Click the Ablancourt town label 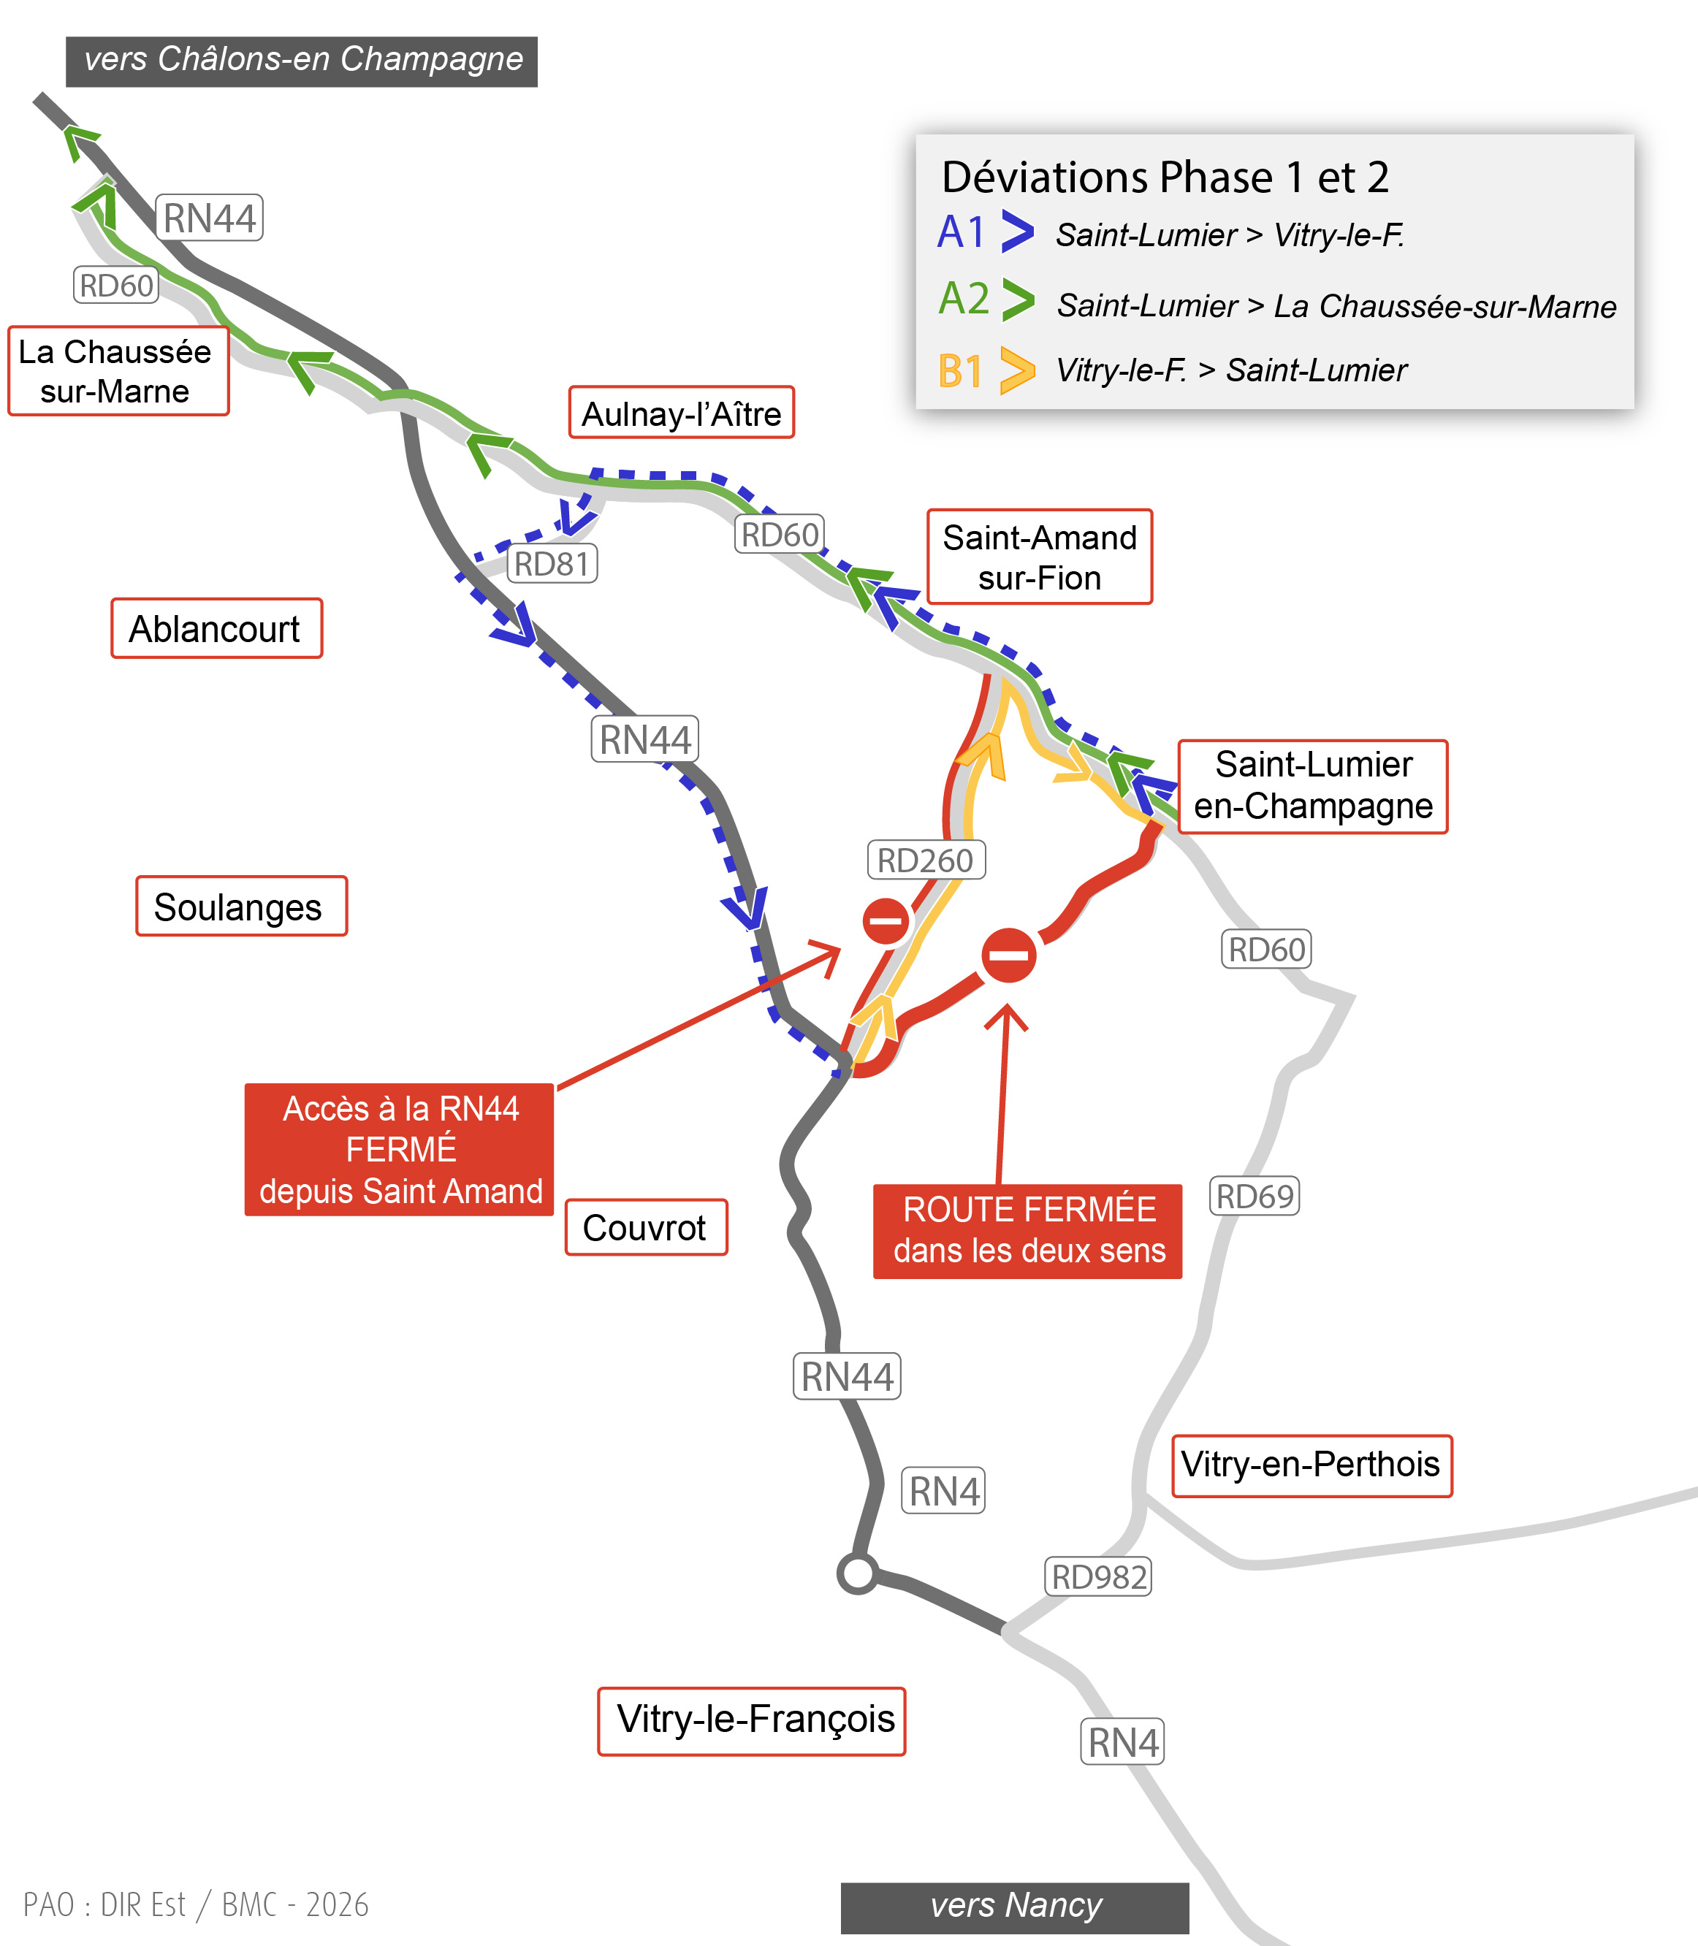point(216,628)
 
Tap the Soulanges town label point(240,907)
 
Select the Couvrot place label point(645,1228)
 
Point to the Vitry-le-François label point(751,1720)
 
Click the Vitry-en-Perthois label point(1311,1465)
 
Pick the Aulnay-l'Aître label point(681,413)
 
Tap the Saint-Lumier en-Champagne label point(1312,786)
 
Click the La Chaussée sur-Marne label point(118,370)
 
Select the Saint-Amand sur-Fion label point(1040,557)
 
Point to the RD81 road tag point(552,564)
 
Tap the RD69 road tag point(1254,1196)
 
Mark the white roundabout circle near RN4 point(858,1573)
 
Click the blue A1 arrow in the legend point(1017,232)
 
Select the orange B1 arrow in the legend point(1017,370)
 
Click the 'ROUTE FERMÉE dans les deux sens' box point(1027,1231)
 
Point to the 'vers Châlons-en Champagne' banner point(301,61)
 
